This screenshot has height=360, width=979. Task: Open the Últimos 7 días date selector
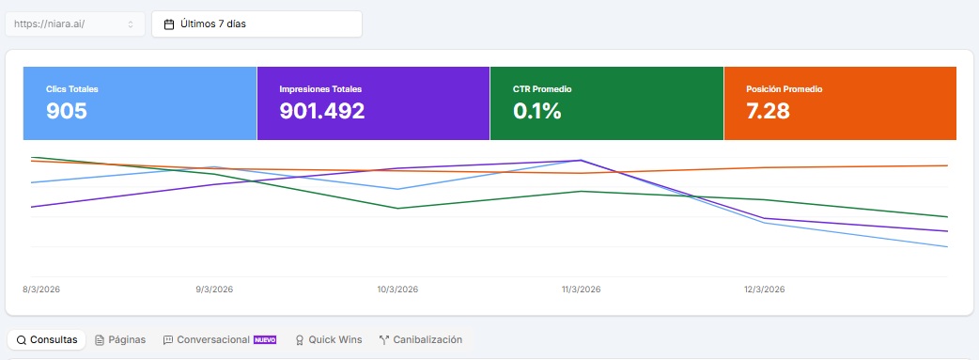click(256, 23)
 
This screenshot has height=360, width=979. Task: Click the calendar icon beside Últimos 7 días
click(169, 24)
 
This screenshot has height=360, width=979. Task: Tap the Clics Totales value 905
click(67, 111)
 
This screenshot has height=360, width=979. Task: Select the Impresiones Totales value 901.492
click(321, 111)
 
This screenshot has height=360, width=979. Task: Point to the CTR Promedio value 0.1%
click(536, 111)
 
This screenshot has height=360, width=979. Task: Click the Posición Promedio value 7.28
click(768, 111)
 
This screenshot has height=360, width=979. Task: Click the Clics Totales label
click(72, 89)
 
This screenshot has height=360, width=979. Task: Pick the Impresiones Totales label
click(320, 89)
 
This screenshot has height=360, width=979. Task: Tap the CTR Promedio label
click(542, 89)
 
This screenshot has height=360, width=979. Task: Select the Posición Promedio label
click(784, 89)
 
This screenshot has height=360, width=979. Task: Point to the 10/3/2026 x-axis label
click(396, 290)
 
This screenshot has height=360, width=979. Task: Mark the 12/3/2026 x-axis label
click(764, 290)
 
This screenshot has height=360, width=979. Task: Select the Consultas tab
click(47, 339)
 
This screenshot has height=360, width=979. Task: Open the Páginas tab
click(120, 339)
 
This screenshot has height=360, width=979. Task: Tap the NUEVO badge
click(265, 339)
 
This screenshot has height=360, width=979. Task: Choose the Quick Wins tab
click(328, 339)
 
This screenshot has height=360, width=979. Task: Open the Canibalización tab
click(420, 339)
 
